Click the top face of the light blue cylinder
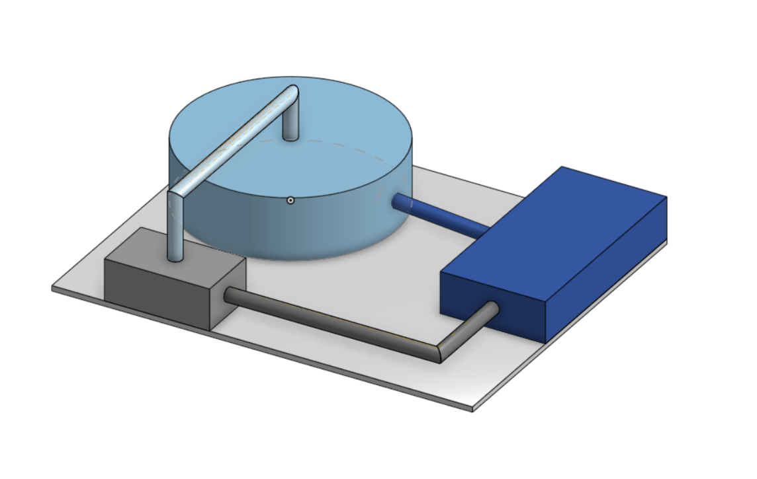(344, 132)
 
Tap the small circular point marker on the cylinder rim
(290, 200)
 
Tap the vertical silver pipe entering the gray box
(175, 231)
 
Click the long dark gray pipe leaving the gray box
(331, 324)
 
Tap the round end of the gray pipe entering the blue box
(492, 309)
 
